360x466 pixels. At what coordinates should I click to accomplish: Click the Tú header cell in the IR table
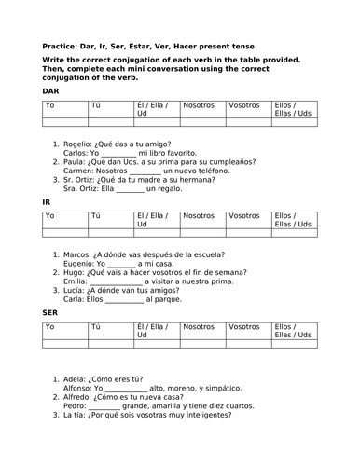tap(95, 216)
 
